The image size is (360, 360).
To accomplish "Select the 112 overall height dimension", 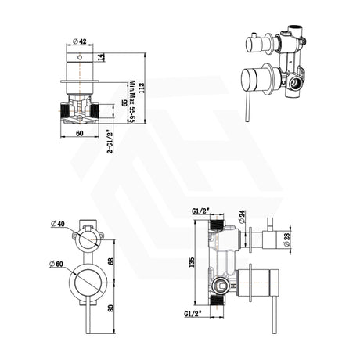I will tap(146, 88).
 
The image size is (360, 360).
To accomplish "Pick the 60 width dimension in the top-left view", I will tap(80, 134).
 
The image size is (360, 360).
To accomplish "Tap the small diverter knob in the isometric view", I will tap(256, 39).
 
